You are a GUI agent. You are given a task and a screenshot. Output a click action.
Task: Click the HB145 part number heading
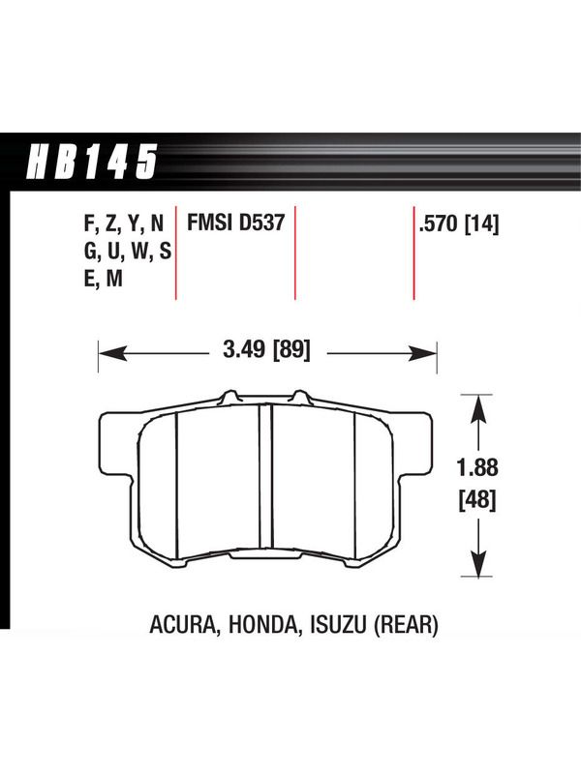pos(92,161)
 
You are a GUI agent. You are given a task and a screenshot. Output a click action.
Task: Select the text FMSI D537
pos(235,223)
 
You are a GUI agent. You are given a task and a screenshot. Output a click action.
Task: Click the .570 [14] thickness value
pos(458,224)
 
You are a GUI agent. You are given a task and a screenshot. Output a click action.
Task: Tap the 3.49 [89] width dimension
pos(267,350)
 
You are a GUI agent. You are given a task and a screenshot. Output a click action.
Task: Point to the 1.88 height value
pos(477,467)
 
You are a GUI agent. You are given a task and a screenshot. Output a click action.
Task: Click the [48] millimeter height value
pos(477,500)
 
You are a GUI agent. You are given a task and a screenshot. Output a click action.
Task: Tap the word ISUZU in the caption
pos(338,625)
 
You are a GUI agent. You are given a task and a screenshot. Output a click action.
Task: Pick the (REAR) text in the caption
pos(407,625)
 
